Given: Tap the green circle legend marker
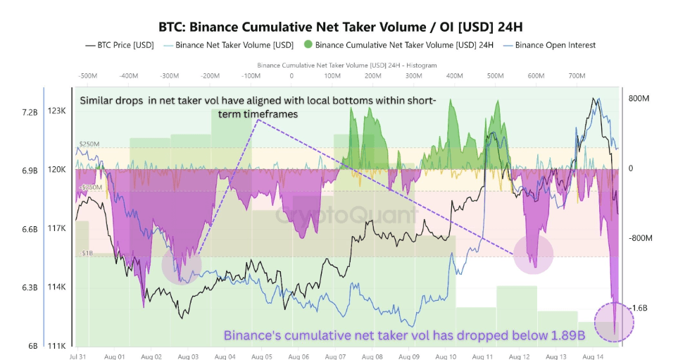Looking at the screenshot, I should pyautogui.click(x=308, y=45).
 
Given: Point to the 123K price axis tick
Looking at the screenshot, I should pyautogui.click(x=56, y=111).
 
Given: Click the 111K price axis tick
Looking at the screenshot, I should pyautogui.click(x=56, y=346).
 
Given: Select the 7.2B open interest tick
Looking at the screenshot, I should pyautogui.click(x=28, y=111).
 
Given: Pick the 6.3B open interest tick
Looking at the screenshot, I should pyautogui.click(x=28, y=287).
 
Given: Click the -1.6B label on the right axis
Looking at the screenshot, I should pyautogui.click(x=638, y=308).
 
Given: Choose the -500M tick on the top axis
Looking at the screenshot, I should pyautogui.click(x=88, y=75).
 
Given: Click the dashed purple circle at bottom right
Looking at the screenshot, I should pyautogui.click(x=614, y=323).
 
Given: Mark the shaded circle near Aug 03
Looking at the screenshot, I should pyautogui.click(x=182, y=264).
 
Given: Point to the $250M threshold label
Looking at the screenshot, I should pyautogui.click(x=88, y=144).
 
